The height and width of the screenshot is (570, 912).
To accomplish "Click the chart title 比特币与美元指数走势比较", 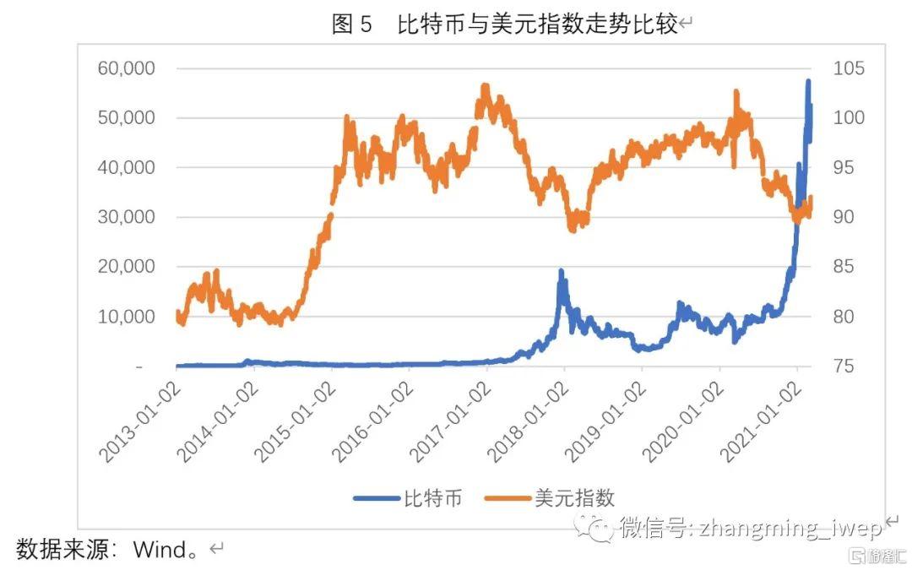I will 537,24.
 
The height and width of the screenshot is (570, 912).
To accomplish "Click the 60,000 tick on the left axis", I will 127,68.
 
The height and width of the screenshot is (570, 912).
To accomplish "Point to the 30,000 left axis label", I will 127,217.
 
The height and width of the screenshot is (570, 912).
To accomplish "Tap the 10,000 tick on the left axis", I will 127,317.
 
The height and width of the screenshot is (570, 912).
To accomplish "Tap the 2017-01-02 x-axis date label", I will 449,422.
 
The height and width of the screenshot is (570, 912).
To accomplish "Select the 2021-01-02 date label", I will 759,422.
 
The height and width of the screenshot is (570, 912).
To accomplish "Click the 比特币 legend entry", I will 409,498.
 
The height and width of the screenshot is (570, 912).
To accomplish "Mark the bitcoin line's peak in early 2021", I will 808,82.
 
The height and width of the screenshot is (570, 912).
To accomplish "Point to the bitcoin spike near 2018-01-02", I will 561,272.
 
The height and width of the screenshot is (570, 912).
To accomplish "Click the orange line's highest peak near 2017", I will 485,86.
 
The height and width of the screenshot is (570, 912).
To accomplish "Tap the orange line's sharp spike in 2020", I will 736,91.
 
